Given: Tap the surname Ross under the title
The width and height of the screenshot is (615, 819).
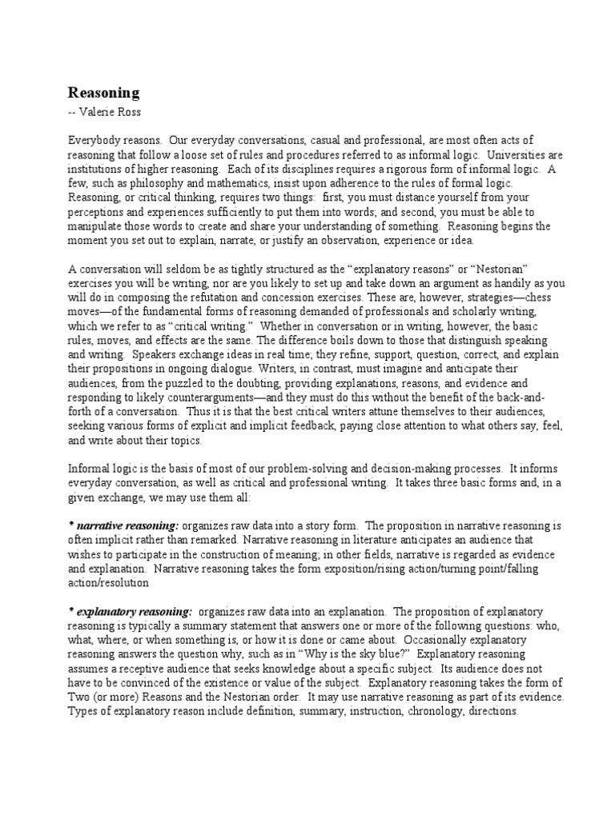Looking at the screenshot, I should [x=132, y=110].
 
